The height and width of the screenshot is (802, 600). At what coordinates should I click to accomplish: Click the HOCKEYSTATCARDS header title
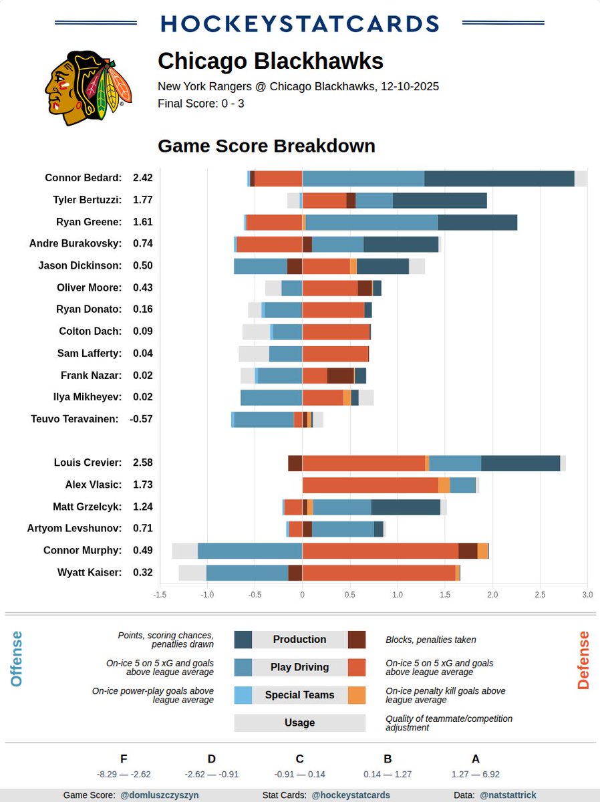[300, 23]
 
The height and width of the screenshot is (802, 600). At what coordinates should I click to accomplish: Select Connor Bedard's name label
[83, 178]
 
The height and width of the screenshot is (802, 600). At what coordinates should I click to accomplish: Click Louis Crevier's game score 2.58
[143, 462]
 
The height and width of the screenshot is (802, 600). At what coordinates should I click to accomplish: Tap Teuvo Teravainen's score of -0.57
[142, 419]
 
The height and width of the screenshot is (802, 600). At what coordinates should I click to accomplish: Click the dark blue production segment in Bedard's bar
[498, 178]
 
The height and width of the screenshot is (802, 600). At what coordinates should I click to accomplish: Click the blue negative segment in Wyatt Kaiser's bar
[247, 573]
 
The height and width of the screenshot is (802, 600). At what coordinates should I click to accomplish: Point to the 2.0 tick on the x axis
[492, 594]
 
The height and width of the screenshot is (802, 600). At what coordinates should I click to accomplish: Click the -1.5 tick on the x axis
[160, 594]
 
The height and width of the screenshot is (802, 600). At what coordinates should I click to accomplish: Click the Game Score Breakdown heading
[266, 146]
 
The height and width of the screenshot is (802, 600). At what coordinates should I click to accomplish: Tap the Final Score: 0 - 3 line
[200, 104]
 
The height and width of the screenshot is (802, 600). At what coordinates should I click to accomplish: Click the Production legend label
[299, 640]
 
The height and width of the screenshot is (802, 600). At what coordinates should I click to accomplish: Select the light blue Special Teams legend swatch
[243, 695]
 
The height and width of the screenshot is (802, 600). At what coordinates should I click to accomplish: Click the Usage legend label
[299, 722]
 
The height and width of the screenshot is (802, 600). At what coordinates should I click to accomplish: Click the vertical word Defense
[583, 660]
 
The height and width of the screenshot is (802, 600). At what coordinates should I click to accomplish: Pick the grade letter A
[475, 759]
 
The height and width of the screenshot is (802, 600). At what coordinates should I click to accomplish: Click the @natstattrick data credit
[508, 795]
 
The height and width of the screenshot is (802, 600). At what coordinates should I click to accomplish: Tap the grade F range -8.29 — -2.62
[124, 775]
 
